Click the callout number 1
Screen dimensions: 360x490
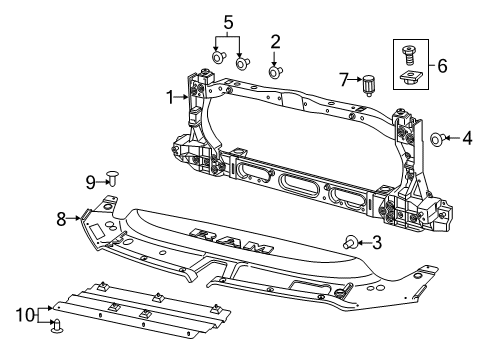pyautogui.click(x=171, y=97)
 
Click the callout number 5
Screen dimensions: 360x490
pyautogui.click(x=227, y=21)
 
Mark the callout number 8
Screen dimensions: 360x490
pyautogui.click(x=61, y=217)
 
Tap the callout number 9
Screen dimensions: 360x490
pyautogui.click(x=89, y=181)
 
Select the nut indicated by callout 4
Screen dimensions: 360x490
pyautogui.click(x=438, y=139)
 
